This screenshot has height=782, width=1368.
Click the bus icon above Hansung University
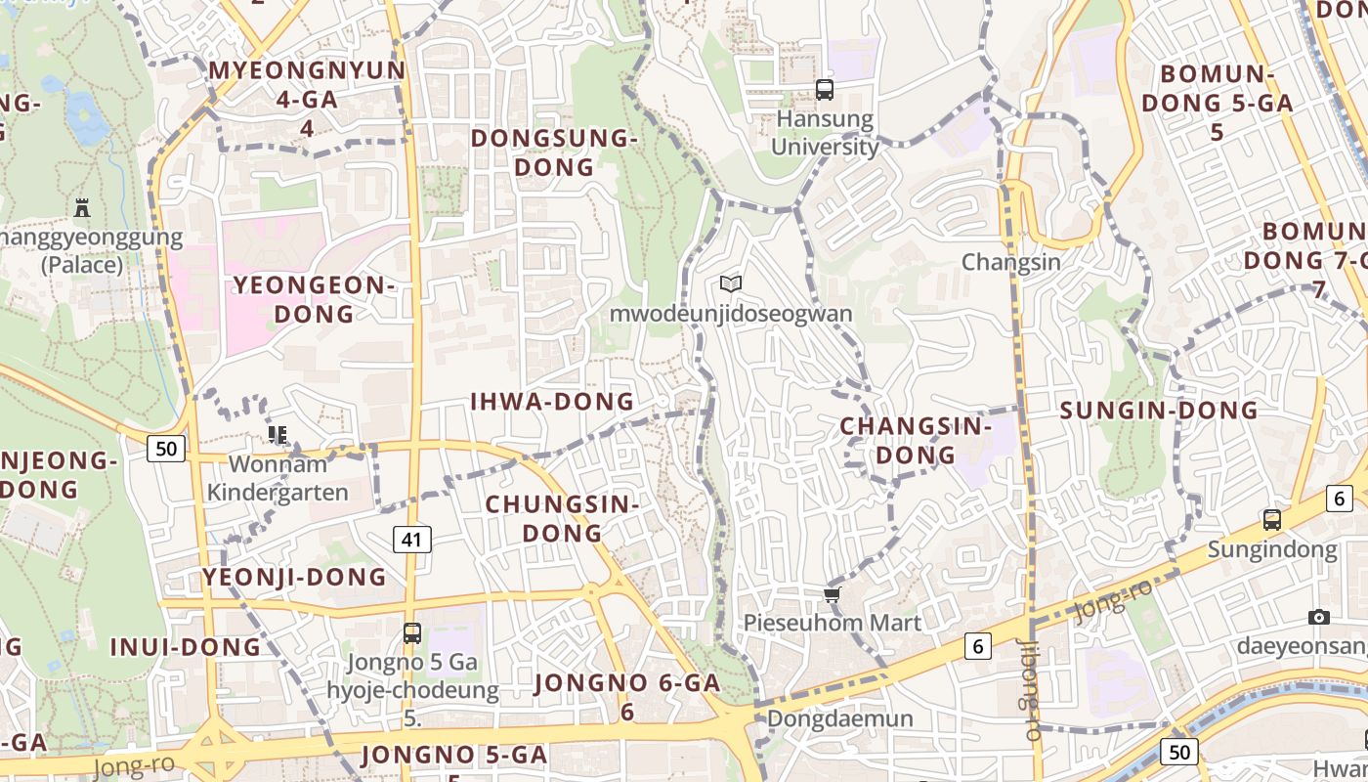pyautogui.click(x=825, y=90)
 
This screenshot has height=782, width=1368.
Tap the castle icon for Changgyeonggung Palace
pyautogui.click(x=82, y=207)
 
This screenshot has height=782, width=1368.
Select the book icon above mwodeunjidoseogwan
pyautogui.click(x=730, y=283)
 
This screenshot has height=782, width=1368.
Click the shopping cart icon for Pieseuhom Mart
pyautogui.click(x=832, y=594)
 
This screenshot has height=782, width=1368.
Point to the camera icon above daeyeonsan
pyautogui.click(x=1318, y=617)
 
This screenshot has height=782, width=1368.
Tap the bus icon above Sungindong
pyautogui.click(x=1271, y=520)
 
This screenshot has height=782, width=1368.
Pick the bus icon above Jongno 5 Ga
pyautogui.click(x=411, y=633)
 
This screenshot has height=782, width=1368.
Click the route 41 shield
pyautogui.click(x=413, y=539)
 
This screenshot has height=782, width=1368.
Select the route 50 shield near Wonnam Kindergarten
pyautogui.click(x=166, y=449)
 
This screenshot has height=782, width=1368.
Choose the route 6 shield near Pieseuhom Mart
pyautogui.click(x=977, y=645)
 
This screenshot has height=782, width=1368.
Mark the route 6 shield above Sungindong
pyautogui.click(x=1339, y=499)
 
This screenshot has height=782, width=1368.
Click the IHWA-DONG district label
pyautogui.click(x=552, y=402)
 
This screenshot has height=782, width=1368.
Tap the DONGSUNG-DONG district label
pyautogui.click(x=554, y=152)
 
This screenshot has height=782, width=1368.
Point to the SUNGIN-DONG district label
pyautogui.click(x=1159, y=411)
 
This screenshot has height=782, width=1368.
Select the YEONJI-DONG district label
pyautogui.click(x=294, y=577)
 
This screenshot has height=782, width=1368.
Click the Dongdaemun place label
pyautogui.click(x=840, y=719)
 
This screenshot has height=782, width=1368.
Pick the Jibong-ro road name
pyautogui.click(x=1028, y=689)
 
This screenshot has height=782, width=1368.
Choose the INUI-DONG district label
pyautogui.click(x=186, y=647)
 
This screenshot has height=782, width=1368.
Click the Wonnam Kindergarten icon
pyautogui.click(x=278, y=434)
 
